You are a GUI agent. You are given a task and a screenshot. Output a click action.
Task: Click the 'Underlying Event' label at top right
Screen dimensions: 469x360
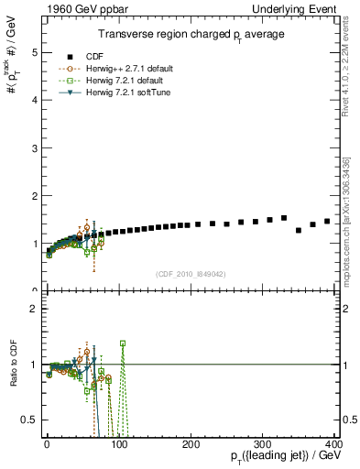(x=301, y=8)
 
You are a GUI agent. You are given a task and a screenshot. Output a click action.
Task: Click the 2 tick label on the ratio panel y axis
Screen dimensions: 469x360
(x=32, y=309)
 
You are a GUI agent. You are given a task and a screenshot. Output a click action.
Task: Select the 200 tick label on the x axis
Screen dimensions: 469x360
(x=191, y=445)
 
